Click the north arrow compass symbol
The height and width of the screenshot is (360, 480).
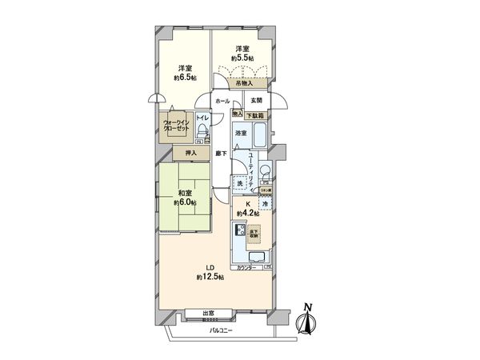coord(306,319)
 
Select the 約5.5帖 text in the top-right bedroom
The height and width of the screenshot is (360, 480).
coord(242,58)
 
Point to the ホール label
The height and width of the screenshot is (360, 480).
coord(222,102)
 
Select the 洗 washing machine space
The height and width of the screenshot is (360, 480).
coord(239,184)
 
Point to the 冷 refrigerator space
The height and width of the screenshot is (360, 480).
coord(264,204)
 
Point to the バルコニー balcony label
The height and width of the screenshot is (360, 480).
coord(220,330)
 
